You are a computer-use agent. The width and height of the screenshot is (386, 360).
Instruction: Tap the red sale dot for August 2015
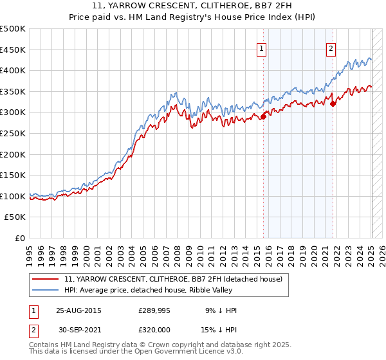point(264,116)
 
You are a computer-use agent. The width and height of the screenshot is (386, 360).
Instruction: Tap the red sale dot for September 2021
point(333,104)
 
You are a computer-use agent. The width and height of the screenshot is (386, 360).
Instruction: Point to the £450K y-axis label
point(13,50)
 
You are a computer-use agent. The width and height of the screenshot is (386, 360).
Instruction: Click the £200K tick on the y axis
point(13,154)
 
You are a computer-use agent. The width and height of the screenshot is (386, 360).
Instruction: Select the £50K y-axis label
point(15,217)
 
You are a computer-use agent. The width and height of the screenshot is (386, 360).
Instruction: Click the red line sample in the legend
point(45,279)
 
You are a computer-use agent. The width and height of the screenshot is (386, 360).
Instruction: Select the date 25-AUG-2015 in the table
point(79,310)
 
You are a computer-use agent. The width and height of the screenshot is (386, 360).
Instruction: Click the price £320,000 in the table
point(154,328)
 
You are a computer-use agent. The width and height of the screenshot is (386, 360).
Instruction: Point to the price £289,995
point(154,310)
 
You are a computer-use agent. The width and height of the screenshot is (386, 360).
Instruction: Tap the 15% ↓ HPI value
point(220,328)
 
